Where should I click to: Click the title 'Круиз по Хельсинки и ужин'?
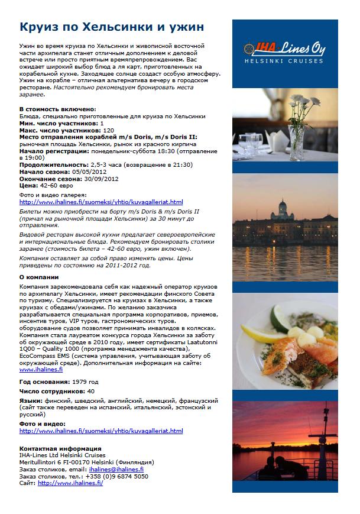[x=112, y=28]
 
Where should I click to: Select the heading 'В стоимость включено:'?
[x=57, y=109]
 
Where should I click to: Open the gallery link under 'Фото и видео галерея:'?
[x=101, y=202]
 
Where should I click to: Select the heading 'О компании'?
[x=39, y=277]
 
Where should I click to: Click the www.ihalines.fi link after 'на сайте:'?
[x=41, y=369]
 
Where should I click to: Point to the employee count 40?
[x=90, y=391]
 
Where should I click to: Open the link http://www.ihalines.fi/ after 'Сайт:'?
[x=70, y=483]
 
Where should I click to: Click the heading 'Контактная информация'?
[x=60, y=448]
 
